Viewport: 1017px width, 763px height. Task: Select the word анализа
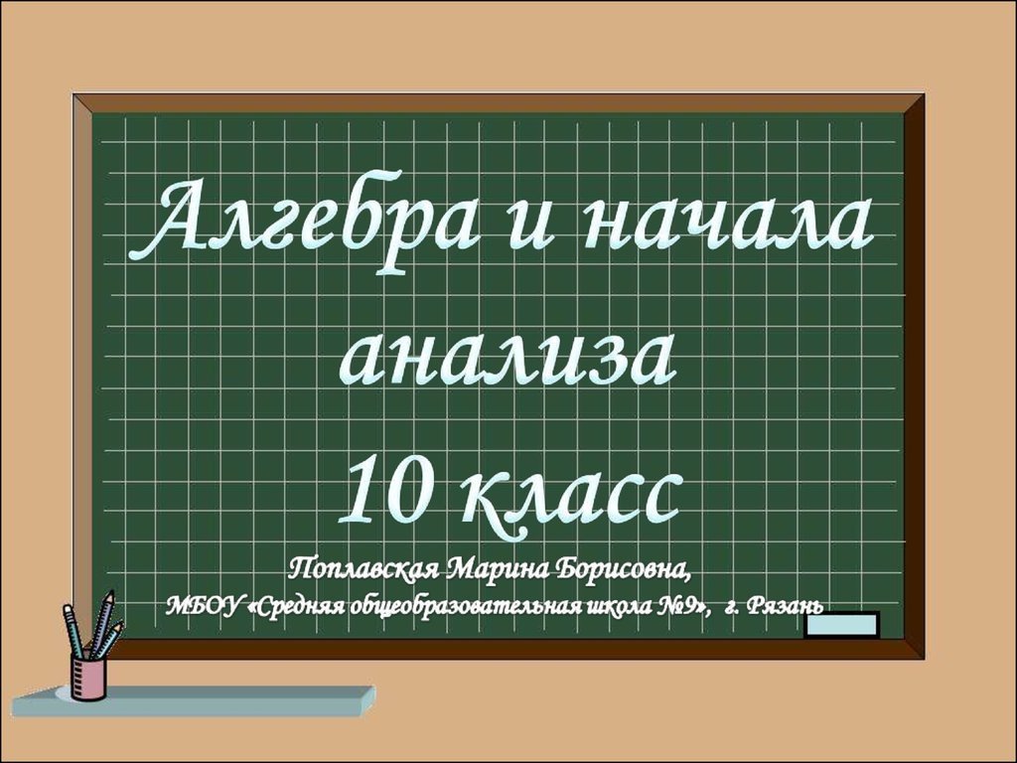pyautogui.click(x=508, y=360)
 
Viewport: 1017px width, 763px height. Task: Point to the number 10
pyautogui.click(x=382, y=491)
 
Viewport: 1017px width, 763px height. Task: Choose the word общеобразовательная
pyautogui.click(x=467, y=606)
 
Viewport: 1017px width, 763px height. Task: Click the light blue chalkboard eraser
pyautogui.click(x=842, y=624)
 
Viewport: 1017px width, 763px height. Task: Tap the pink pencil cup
pyautogui.click(x=88, y=677)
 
